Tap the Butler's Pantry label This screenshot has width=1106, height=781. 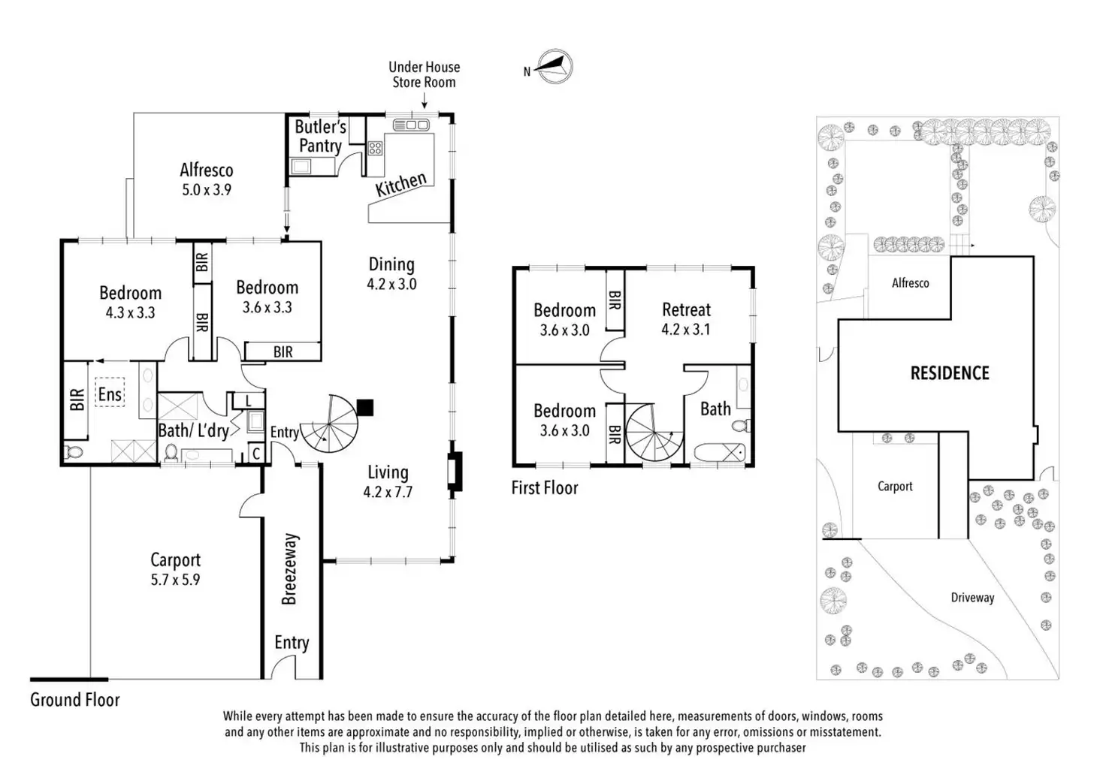[320, 137]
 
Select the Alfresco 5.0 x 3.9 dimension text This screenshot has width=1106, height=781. [207, 190]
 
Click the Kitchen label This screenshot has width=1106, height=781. [401, 184]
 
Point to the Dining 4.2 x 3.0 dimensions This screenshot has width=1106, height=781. [391, 284]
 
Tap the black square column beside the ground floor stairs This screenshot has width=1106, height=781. [365, 408]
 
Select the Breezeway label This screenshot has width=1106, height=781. [290, 568]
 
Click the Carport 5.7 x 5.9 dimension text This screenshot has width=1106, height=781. [175, 580]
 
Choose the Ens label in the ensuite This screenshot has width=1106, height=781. [110, 394]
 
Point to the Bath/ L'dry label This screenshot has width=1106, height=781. [193, 430]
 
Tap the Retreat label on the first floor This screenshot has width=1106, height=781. [686, 309]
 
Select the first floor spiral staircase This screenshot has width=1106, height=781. [654, 433]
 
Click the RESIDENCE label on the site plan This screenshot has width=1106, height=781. [950, 373]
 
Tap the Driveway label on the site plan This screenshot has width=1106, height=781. [972, 598]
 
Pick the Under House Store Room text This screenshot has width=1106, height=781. [424, 74]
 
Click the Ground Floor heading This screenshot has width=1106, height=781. [75, 700]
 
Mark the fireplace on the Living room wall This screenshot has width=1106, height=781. [454, 472]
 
